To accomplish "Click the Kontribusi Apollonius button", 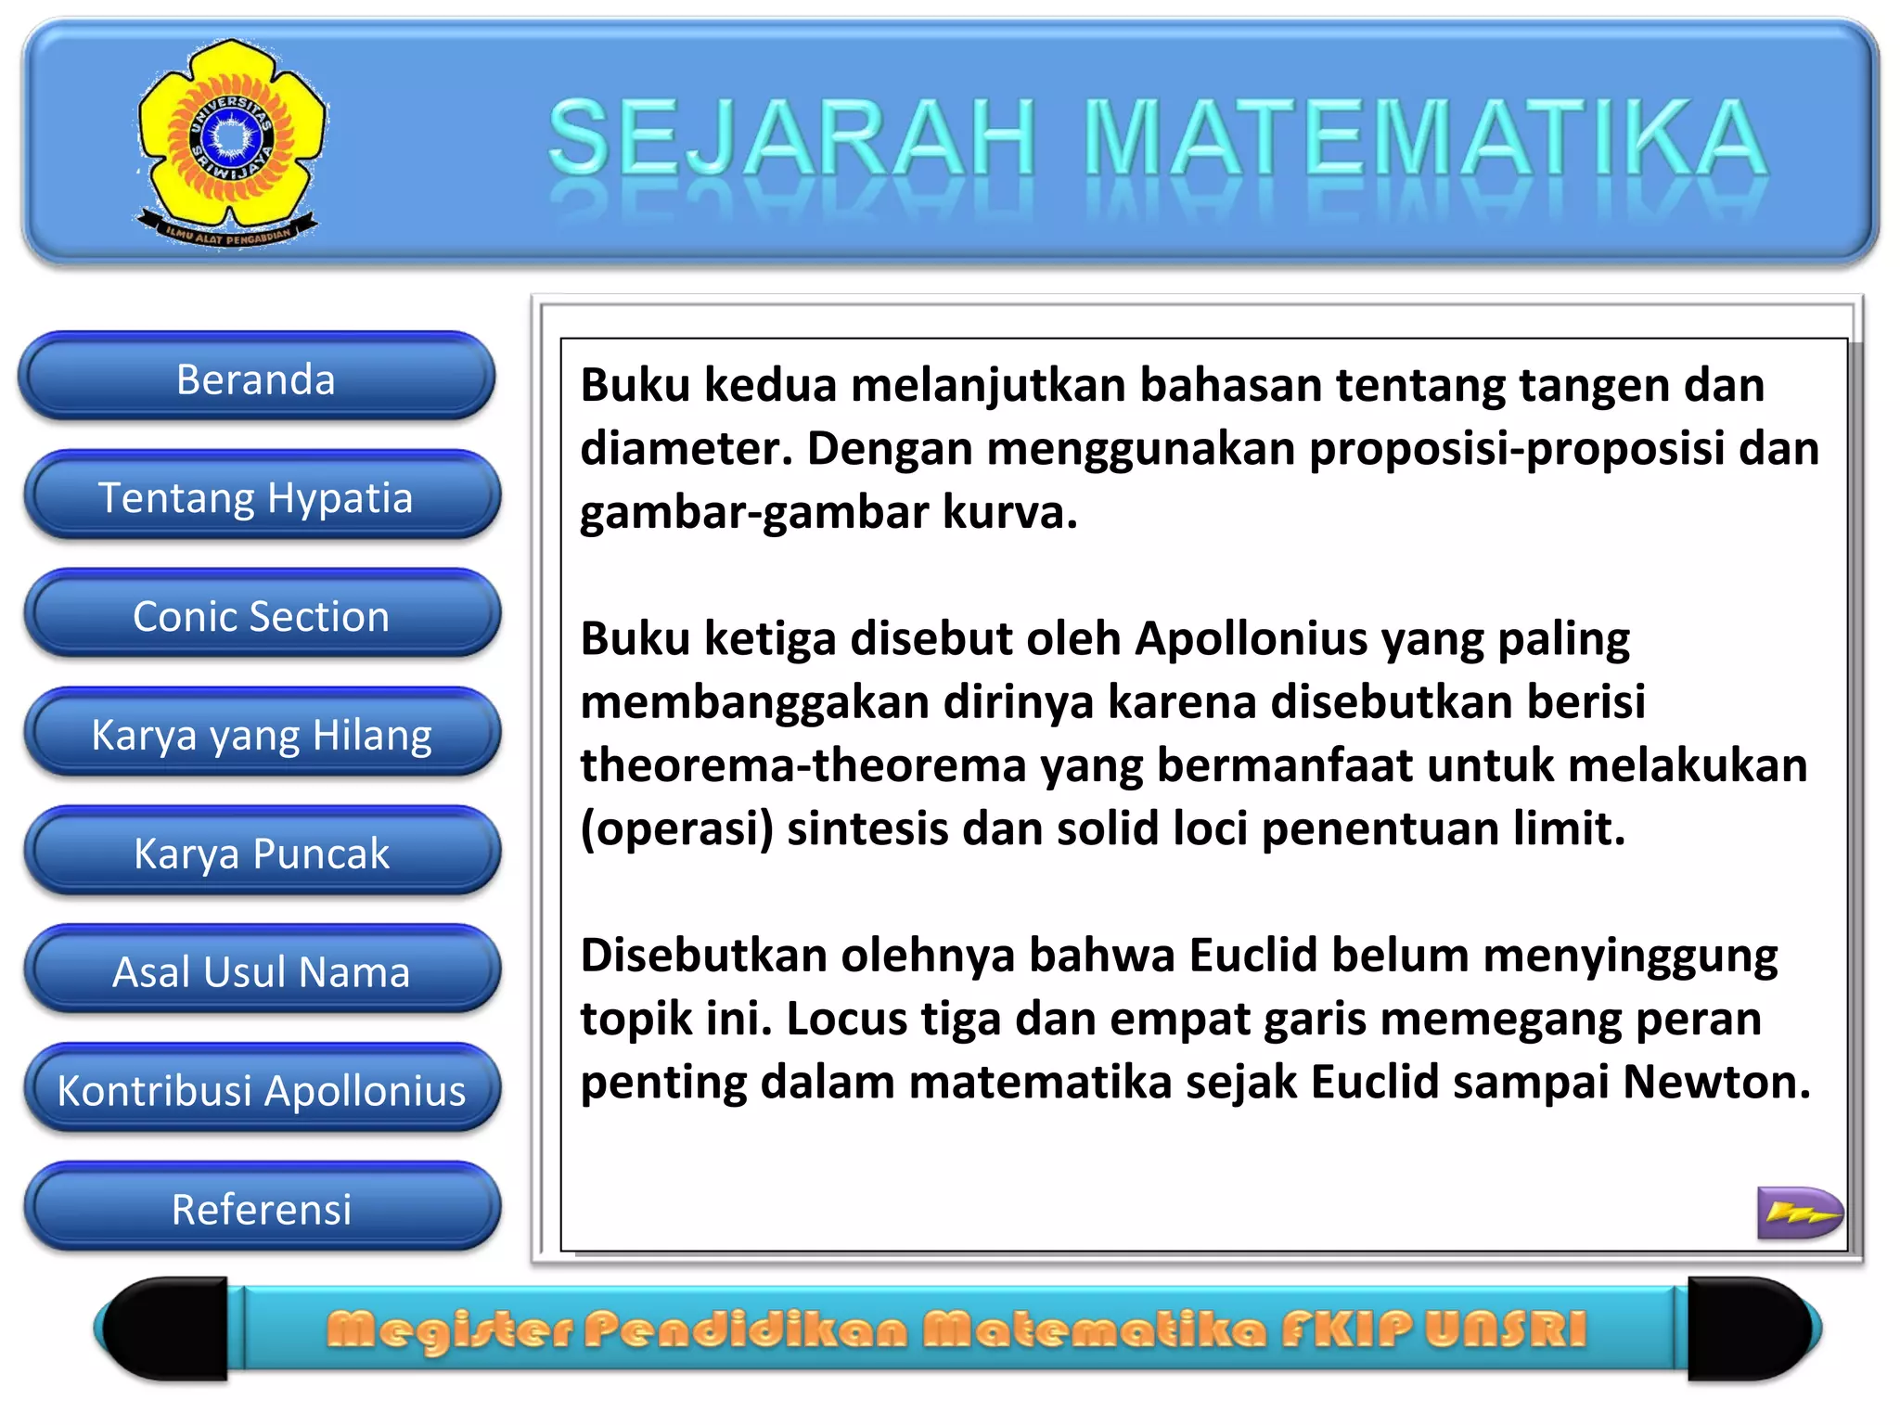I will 261,1090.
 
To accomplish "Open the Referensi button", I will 261,1209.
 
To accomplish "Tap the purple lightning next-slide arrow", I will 1799,1212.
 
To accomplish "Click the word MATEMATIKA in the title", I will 1424,139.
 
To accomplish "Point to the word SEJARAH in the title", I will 791,139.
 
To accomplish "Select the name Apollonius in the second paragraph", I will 1252,639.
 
